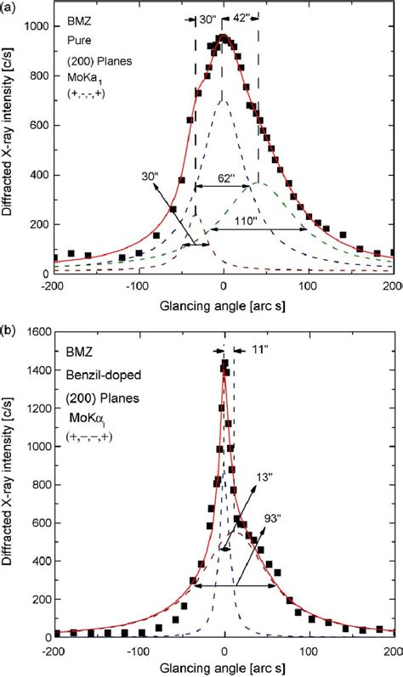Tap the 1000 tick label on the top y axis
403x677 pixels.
(x=34, y=27)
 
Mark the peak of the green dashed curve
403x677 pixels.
(x=259, y=183)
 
